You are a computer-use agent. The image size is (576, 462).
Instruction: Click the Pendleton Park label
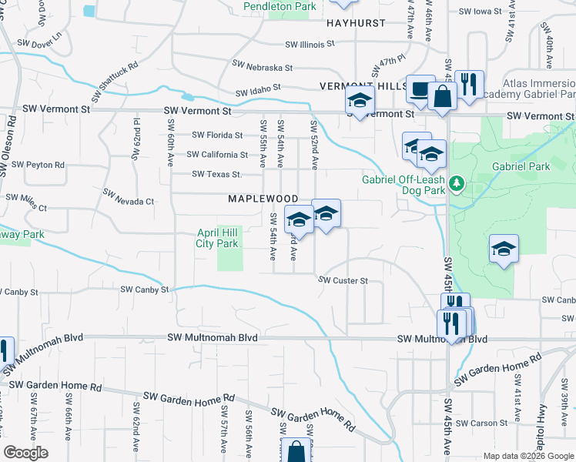280,6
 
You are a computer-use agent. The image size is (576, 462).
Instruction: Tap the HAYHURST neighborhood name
355,23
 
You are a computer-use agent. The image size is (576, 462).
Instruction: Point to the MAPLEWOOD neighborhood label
263,199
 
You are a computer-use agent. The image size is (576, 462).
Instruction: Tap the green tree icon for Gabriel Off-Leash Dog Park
457,183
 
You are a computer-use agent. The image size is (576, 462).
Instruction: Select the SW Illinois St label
310,45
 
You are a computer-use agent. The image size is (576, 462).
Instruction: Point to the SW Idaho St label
258,91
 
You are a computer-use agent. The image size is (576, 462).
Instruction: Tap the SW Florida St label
216,134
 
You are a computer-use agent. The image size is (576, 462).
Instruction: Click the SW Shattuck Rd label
118,81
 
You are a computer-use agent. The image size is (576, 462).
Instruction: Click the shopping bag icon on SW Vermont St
443,97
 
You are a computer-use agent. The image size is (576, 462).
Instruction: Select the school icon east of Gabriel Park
504,249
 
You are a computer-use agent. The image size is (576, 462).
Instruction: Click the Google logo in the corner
25,453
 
